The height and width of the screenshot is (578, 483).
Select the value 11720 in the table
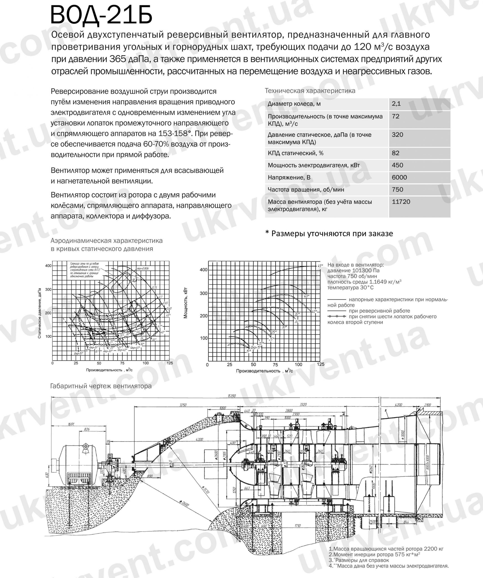click(x=401, y=202)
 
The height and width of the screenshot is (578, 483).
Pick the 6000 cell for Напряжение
click(x=399, y=177)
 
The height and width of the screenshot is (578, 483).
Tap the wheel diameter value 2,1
click(x=396, y=104)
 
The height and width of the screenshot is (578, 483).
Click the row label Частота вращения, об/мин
click(x=306, y=190)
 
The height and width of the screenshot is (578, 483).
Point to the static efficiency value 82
click(x=395, y=153)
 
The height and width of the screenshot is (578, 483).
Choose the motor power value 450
click(x=397, y=165)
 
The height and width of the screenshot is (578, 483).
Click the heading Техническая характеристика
click(x=310, y=91)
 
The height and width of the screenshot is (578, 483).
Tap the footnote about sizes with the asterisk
click(x=329, y=233)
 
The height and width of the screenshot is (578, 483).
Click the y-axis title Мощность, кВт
click(x=186, y=303)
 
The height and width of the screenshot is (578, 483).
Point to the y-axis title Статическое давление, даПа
click(x=40, y=313)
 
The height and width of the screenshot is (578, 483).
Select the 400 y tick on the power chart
click(x=203, y=270)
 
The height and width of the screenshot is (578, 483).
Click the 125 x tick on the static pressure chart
click(x=170, y=363)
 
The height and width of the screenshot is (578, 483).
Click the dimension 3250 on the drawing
click(x=183, y=405)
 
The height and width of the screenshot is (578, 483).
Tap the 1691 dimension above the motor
click(x=71, y=424)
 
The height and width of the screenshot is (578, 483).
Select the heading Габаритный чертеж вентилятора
click(x=101, y=386)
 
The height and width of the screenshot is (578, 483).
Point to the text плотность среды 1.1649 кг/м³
click(x=364, y=282)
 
